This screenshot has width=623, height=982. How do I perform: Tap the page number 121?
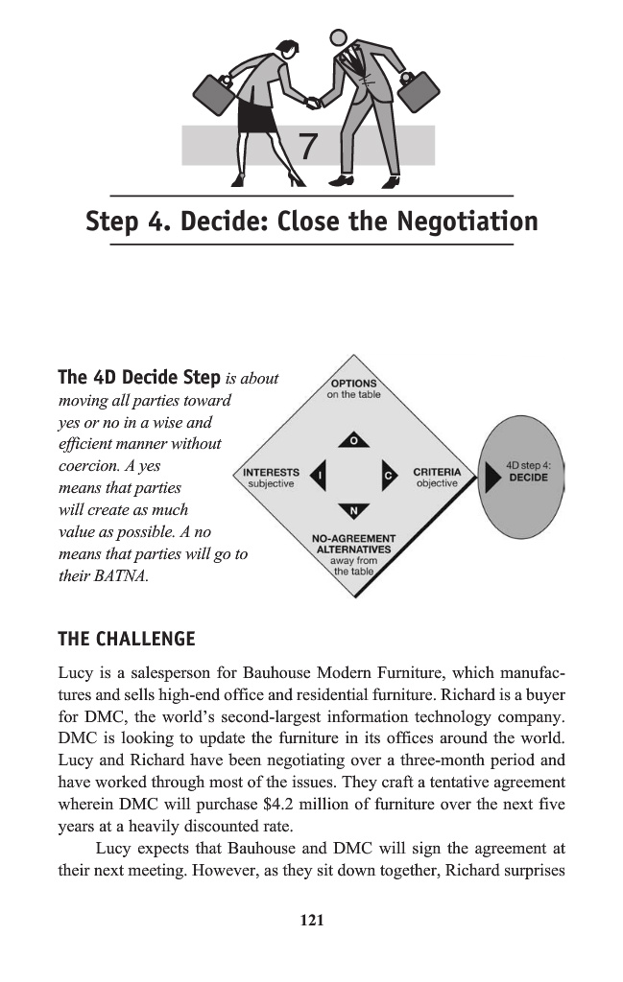coord(311,921)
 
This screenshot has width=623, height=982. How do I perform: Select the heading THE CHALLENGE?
coord(127,639)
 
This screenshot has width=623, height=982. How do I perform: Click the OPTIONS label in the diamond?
coord(353,384)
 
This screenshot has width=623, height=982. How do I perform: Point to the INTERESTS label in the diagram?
coord(272,473)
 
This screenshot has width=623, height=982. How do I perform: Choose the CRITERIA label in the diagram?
coord(437,473)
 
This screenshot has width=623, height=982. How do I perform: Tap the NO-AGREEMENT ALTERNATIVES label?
coord(354,544)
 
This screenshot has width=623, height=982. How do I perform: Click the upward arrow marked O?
coord(354,440)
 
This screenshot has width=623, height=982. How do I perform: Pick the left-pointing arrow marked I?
coord(320,475)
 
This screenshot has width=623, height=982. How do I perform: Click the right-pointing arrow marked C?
coord(389,475)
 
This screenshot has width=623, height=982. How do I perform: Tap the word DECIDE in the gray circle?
coord(528,477)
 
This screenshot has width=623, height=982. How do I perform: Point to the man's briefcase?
coord(419,90)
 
